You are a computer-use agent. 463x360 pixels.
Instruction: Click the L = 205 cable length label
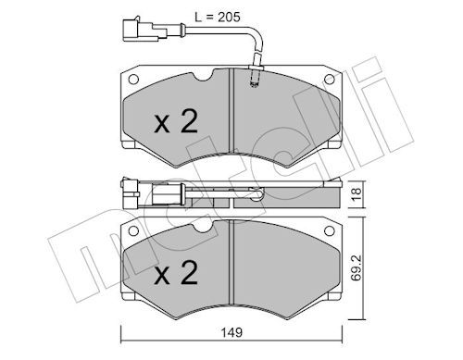tap(218, 18)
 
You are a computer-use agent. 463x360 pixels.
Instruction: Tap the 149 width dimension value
tap(231, 332)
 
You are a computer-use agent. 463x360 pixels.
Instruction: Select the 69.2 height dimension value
tap(357, 267)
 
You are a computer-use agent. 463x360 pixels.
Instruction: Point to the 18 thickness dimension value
tap(357, 194)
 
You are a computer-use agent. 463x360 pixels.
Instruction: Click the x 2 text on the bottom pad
tap(176, 273)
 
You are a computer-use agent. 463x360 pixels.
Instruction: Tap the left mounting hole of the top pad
tap(133, 80)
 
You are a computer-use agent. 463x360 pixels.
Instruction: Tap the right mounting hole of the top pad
tap(330, 80)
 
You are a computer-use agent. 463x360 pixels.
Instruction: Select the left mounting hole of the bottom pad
tap(133, 230)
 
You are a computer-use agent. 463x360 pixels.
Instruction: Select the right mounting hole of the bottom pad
tap(330, 230)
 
